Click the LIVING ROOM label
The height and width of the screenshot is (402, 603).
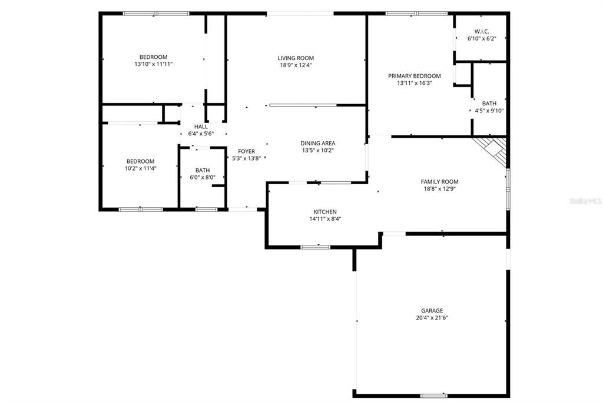[x=296, y=58]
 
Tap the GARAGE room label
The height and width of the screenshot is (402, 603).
[x=432, y=310]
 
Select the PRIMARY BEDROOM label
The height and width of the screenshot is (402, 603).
[x=414, y=76]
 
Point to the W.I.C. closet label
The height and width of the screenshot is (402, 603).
[x=482, y=31]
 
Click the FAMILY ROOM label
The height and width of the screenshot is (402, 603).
[x=439, y=182]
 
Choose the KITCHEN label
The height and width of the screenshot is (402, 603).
[x=324, y=212]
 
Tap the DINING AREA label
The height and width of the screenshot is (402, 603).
[x=318, y=143]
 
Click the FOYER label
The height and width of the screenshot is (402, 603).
[x=246, y=151]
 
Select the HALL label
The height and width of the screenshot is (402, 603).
[x=201, y=127]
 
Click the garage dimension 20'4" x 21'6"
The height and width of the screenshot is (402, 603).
[x=432, y=317]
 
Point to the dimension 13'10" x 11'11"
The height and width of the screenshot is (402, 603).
[x=153, y=64]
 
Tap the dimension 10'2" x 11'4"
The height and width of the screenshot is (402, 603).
[x=140, y=168]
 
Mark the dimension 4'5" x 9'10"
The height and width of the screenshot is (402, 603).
[x=489, y=111]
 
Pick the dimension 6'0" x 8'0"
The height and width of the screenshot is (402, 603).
[x=203, y=177]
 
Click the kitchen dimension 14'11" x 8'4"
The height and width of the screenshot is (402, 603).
[x=324, y=219]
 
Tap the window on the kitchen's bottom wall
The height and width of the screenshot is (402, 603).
[x=316, y=247]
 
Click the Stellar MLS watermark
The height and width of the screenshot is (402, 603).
[x=583, y=201]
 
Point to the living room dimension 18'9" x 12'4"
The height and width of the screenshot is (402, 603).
[x=296, y=65]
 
